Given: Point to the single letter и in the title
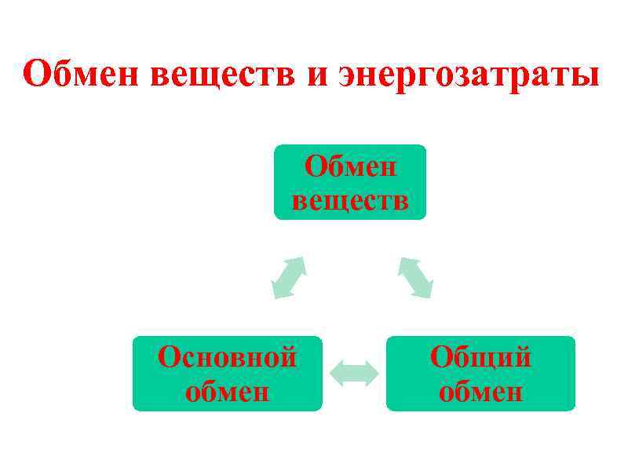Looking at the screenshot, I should click(x=316, y=77).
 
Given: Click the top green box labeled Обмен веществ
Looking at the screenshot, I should click(x=350, y=182).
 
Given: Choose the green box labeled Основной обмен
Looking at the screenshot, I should click(x=227, y=374).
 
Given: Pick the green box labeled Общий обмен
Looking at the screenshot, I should click(x=480, y=374).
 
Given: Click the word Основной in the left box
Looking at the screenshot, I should click(x=227, y=358).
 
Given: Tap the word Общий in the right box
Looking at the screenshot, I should click(x=480, y=358).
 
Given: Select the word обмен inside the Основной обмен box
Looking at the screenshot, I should click(x=227, y=390).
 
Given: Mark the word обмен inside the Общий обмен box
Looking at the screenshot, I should click(x=480, y=390).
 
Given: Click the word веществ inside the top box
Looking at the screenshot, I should click(x=350, y=199).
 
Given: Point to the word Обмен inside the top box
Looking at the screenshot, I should click(x=350, y=166).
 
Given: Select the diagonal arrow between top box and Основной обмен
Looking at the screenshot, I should click(x=288, y=277).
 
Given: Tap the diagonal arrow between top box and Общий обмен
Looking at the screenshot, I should click(x=415, y=277).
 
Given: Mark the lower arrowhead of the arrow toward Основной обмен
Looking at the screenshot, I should click(x=278, y=291).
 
